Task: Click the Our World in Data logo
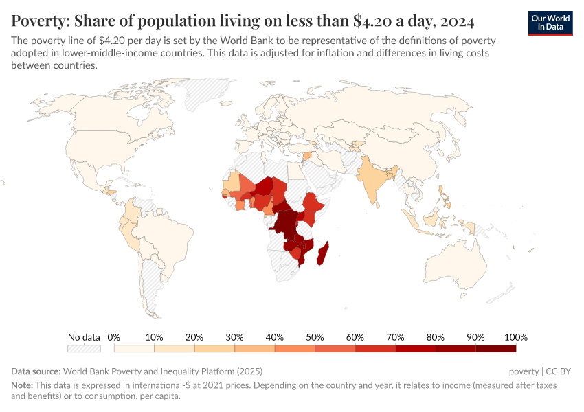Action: pyautogui.click(x=550, y=23)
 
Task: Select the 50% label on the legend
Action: pyautogui.click(x=315, y=337)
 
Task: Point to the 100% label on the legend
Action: pyautogui.click(x=515, y=337)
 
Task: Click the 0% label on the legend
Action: pyautogui.click(x=114, y=337)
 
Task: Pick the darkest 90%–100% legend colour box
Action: pyautogui.click(x=495, y=349)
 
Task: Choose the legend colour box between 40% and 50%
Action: pyautogui.click(x=295, y=349)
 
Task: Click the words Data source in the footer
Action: pyautogui.click(x=36, y=371)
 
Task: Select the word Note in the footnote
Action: pyautogui.click(x=21, y=385)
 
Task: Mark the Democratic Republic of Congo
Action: pyautogui.click(x=286, y=222)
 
